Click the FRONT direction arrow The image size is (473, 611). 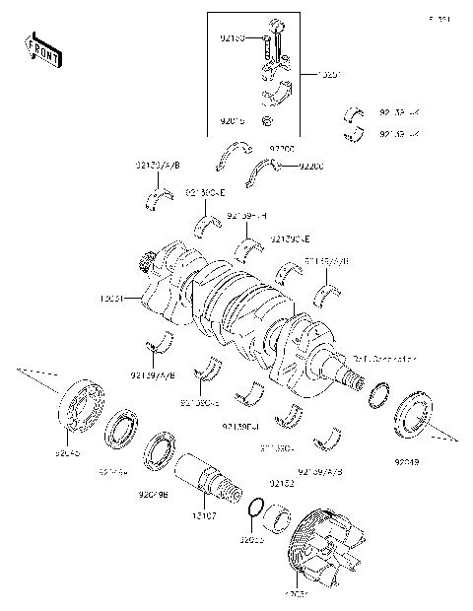pos(42,49)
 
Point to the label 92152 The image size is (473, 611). pos(282,484)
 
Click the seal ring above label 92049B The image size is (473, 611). pos(157,449)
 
